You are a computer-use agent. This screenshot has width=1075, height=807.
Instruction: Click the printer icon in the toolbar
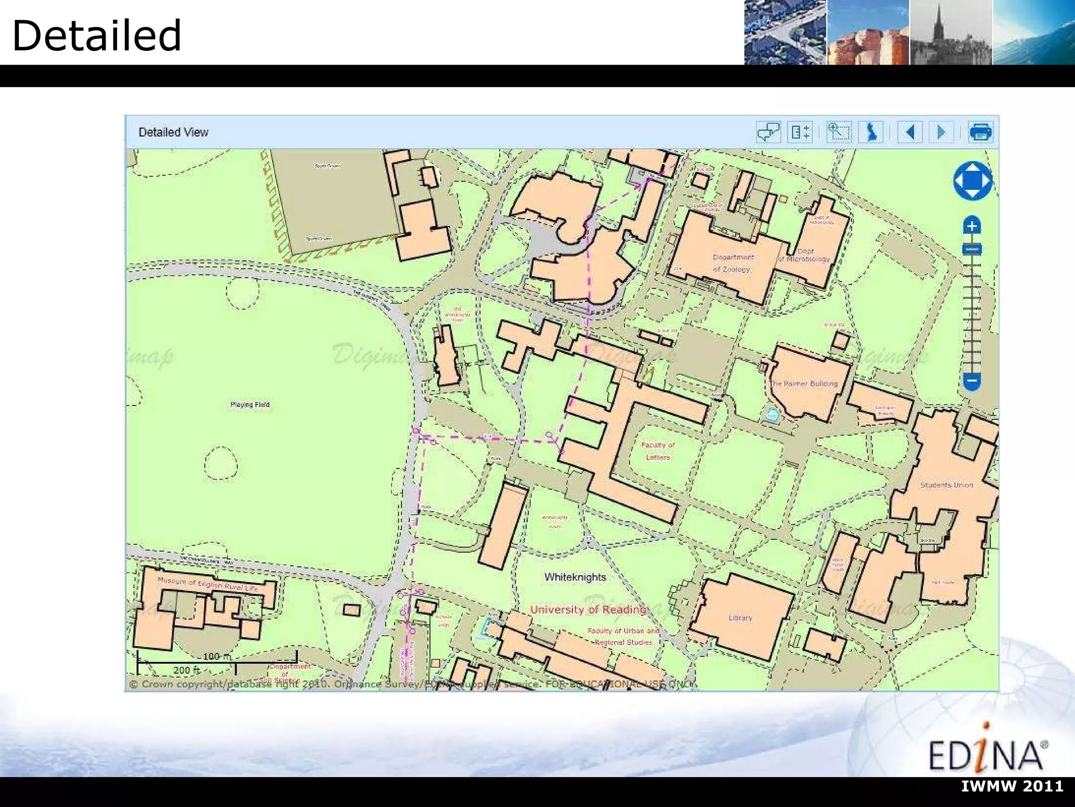979,132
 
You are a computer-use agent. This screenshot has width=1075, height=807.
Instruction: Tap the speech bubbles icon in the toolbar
768,132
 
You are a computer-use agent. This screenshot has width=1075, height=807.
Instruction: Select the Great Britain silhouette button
871,132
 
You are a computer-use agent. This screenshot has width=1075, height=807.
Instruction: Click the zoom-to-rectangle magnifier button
838,132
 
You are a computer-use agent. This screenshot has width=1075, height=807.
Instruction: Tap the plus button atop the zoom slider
972,226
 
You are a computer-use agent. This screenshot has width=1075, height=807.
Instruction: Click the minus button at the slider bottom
972,380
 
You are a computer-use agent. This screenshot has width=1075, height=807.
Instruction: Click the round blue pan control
973,181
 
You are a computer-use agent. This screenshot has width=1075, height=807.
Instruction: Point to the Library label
740,618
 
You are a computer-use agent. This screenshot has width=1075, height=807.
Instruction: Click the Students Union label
946,485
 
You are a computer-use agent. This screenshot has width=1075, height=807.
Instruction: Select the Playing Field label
250,405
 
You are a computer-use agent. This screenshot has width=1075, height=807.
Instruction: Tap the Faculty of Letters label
658,451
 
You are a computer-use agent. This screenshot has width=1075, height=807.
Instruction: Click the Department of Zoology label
733,263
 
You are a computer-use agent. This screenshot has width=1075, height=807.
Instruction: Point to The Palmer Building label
804,384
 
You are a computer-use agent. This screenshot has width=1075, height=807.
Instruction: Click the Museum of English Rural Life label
208,584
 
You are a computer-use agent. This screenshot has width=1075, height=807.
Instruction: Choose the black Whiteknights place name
575,577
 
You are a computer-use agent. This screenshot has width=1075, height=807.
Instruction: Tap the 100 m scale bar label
216,656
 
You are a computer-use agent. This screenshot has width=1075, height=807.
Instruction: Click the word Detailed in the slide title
97,36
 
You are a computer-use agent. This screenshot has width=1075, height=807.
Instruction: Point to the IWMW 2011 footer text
1013,786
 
